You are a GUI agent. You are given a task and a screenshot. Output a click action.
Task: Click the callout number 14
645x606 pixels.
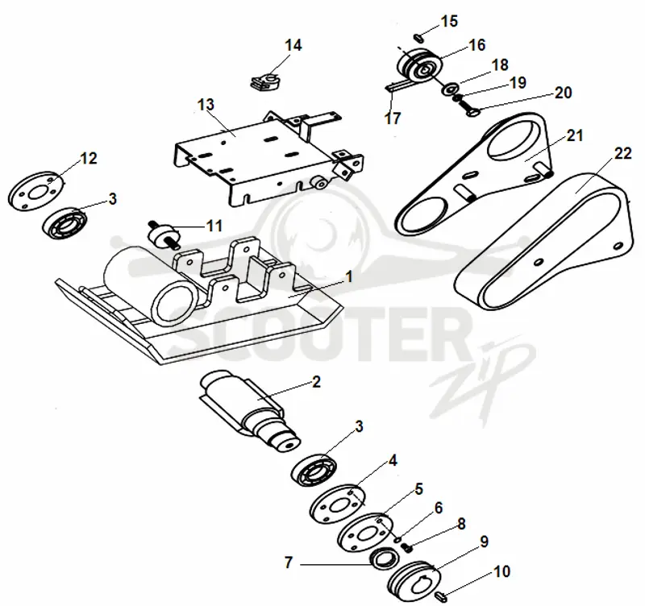[293, 45]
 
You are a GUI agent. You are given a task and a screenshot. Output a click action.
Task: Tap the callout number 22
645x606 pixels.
[622, 153]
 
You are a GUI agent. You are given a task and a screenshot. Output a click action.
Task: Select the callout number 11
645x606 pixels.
[214, 226]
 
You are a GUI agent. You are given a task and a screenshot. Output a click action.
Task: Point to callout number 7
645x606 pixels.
[289, 562]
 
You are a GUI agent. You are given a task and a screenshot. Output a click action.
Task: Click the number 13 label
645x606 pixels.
[206, 105]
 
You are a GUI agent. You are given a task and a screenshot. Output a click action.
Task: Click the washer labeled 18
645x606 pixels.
[451, 89]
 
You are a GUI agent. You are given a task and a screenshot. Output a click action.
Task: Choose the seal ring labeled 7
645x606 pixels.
[385, 559]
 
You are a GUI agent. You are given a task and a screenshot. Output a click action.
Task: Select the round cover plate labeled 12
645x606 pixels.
[36, 192]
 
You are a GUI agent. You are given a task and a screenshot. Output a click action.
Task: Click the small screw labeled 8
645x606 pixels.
[408, 548]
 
